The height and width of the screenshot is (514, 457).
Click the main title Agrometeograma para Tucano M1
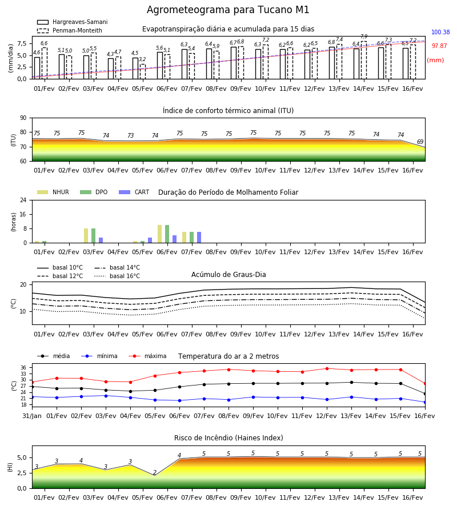point(228,10)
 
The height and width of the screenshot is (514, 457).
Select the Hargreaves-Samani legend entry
point(72,22)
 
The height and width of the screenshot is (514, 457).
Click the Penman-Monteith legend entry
point(70,30)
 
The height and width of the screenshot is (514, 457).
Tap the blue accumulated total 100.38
point(440,32)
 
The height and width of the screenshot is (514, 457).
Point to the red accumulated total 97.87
point(439,46)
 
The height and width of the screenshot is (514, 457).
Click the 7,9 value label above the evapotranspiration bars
point(364,37)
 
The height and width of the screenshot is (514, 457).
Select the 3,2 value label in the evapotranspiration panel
point(142,59)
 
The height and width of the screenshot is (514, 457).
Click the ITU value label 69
point(420,142)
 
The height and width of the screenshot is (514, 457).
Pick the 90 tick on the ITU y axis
point(23,118)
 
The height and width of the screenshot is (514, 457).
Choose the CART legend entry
point(134,192)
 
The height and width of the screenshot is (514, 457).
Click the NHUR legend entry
point(53,192)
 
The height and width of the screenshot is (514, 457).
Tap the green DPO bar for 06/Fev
point(167,234)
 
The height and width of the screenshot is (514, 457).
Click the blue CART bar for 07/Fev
point(199,238)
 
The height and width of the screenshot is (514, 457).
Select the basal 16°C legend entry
point(117,276)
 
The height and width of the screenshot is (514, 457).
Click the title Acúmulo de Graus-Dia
point(228,274)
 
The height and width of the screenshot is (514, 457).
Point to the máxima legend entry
point(147,356)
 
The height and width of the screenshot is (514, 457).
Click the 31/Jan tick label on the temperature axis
point(32,416)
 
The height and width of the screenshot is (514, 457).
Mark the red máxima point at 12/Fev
point(327,368)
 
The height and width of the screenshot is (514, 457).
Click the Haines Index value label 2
point(155,472)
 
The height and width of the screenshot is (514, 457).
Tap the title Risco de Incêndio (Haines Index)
point(228,438)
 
